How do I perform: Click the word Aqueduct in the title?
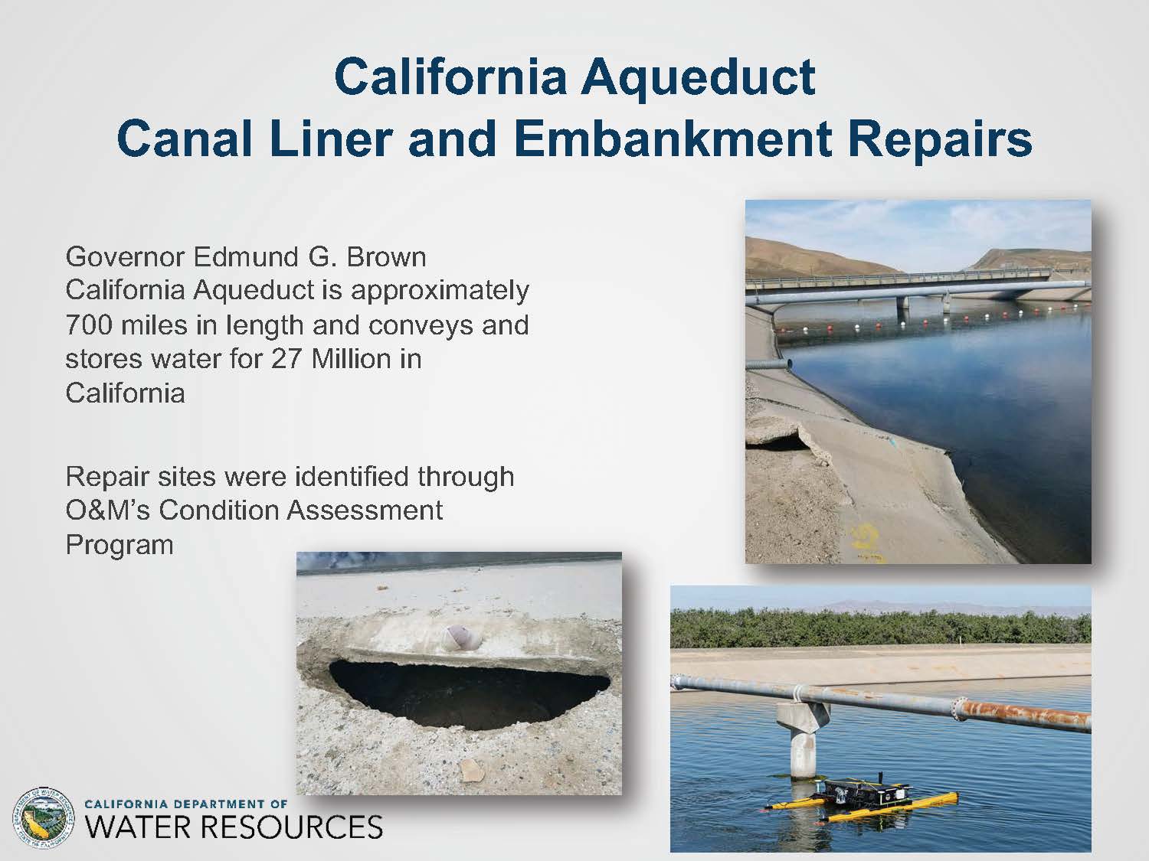[698, 78]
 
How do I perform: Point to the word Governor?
[125, 257]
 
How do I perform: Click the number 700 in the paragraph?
[89, 325]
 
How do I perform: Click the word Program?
[119, 545]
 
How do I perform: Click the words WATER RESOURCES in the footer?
[234, 827]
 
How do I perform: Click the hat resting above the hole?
[456, 638]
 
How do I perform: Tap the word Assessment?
[365, 510]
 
